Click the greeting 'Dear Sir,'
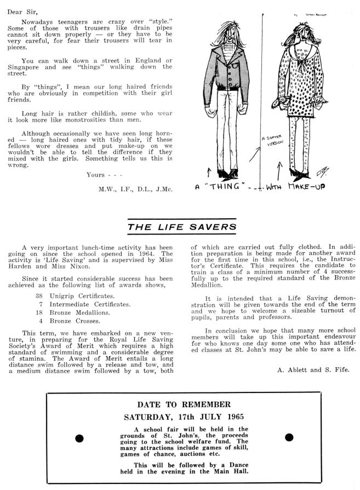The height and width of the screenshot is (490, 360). (x=20, y=9)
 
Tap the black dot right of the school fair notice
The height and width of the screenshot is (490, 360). (x=289, y=437)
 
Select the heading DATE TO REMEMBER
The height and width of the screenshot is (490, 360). (x=180, y=405)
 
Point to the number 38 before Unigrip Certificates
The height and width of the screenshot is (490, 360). (x=39, y=295)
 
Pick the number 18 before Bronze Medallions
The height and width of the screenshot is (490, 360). (x=39, y=312)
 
